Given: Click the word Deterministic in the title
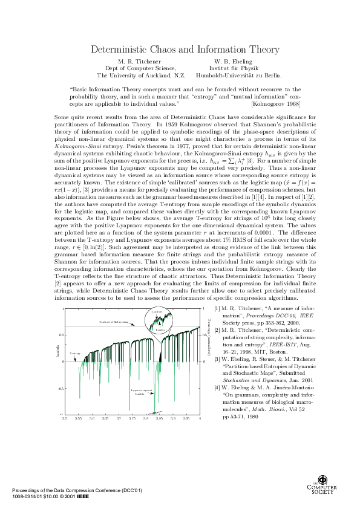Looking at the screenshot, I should coord(117,49).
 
